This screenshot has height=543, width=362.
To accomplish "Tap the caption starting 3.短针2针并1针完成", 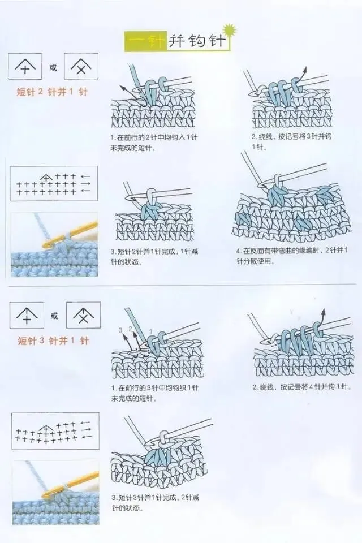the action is (154, 256).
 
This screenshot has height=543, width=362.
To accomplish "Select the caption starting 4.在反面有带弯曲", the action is (291, 256).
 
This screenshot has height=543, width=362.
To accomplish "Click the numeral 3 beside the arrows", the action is (120, 330).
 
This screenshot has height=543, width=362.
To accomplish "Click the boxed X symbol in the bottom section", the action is (83, 316).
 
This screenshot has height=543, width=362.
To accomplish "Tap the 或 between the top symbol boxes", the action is (53, 68).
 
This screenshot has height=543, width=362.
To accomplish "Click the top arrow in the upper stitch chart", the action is (86, 176).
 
